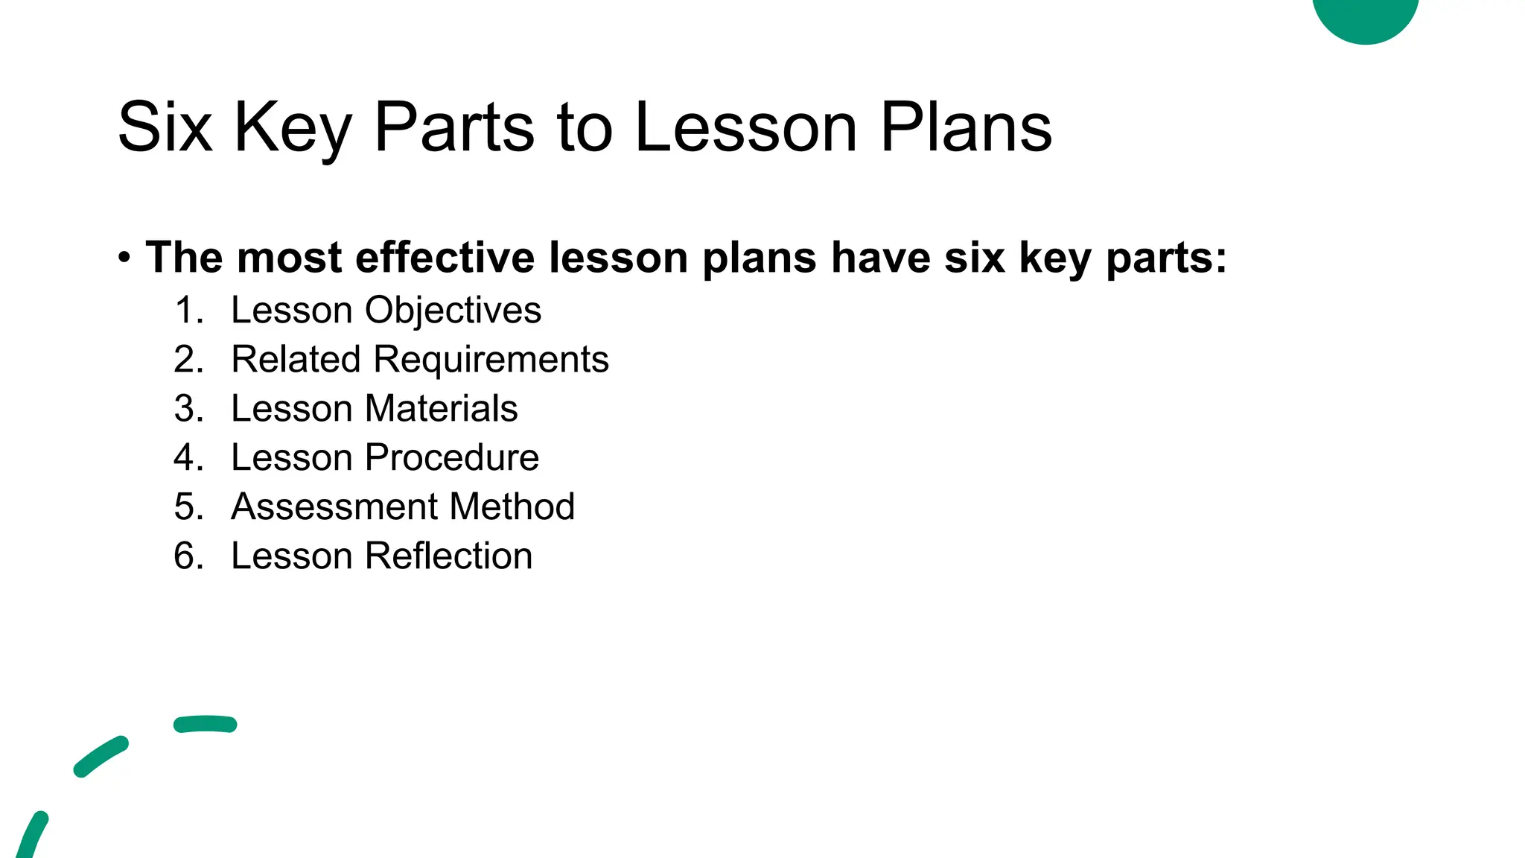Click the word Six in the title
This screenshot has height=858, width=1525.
(x=165, y=128)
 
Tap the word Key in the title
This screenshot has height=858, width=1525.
(x=293, y=128)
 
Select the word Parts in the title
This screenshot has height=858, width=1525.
(x=454, y=128)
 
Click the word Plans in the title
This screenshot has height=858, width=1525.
(x=966, y=128)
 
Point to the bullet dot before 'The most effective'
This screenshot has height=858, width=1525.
(x=124, y=258)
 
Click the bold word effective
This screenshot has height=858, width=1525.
(x=445, y=258)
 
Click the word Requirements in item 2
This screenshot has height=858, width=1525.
(x=491, y=360)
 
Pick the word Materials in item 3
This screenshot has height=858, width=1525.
(x=441, y=409)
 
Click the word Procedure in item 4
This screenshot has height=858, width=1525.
(x=452, y=458)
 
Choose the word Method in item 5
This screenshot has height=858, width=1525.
(x=512, y=507)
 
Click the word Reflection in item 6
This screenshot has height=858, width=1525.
(x=448, y=556)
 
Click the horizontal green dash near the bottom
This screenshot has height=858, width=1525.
(x=205, y=724)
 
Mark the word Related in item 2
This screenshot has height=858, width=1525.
(x=296, y=360)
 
